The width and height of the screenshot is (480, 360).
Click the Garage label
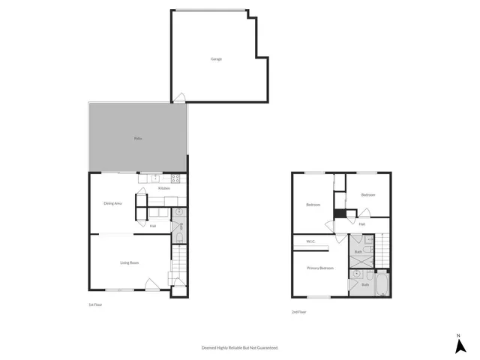[216, 59]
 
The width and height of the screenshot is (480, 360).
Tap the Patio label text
[138, 139]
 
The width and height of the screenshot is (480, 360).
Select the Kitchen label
[163, 188]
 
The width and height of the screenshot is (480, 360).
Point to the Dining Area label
[112, 203]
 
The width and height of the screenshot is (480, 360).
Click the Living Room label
[130, 262]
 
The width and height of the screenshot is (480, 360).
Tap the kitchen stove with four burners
[176, 178]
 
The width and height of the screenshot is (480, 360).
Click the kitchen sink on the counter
[154, 178]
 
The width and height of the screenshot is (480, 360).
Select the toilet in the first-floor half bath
[180, 239]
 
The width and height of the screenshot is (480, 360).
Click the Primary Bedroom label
[321, 268]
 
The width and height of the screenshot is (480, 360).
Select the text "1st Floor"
[94, 304]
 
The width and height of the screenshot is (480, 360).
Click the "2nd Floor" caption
[298, 312]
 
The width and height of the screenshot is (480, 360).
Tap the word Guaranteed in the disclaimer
[264, 348]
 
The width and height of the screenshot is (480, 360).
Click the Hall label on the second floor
[361, 224]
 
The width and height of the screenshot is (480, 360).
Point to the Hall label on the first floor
[152, 226]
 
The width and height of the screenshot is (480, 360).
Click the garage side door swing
[179, 97]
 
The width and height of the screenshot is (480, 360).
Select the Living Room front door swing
[151, 284]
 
